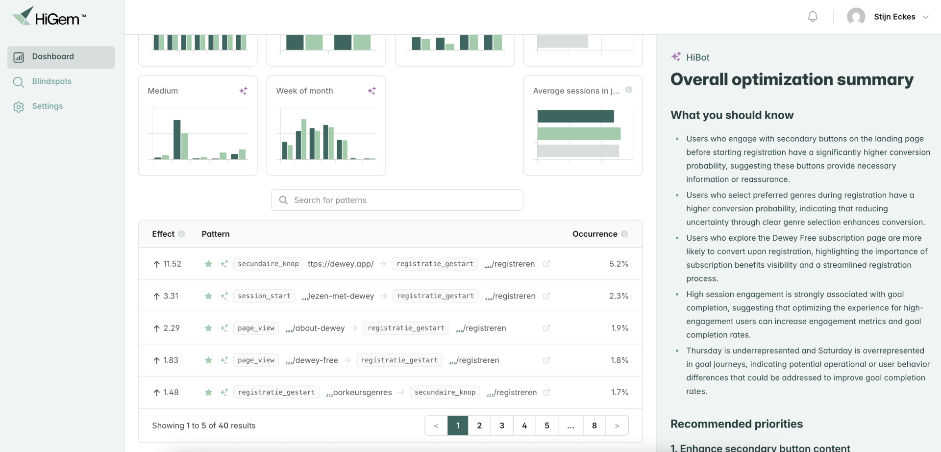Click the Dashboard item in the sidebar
point(61,57)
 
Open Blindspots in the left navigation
point(51,81)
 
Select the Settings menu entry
point(47,106)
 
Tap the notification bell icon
point(813,17)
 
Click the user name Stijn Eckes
point(894,17)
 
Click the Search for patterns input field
point(397,200)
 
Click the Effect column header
point(163,234)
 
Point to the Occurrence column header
point(594,234)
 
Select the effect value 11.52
point(172,264)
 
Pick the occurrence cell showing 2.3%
point(619,296)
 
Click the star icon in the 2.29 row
point(208,328)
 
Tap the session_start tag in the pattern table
point(264,296)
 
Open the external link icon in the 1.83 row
point(546,360)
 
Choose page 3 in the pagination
point(502,426)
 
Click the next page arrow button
point(617,426)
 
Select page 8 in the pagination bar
point(594,426)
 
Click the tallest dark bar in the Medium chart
point(177,140)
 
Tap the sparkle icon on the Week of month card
point(372,91)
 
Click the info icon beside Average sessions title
point(629,90)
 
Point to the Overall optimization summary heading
point(792,79)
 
